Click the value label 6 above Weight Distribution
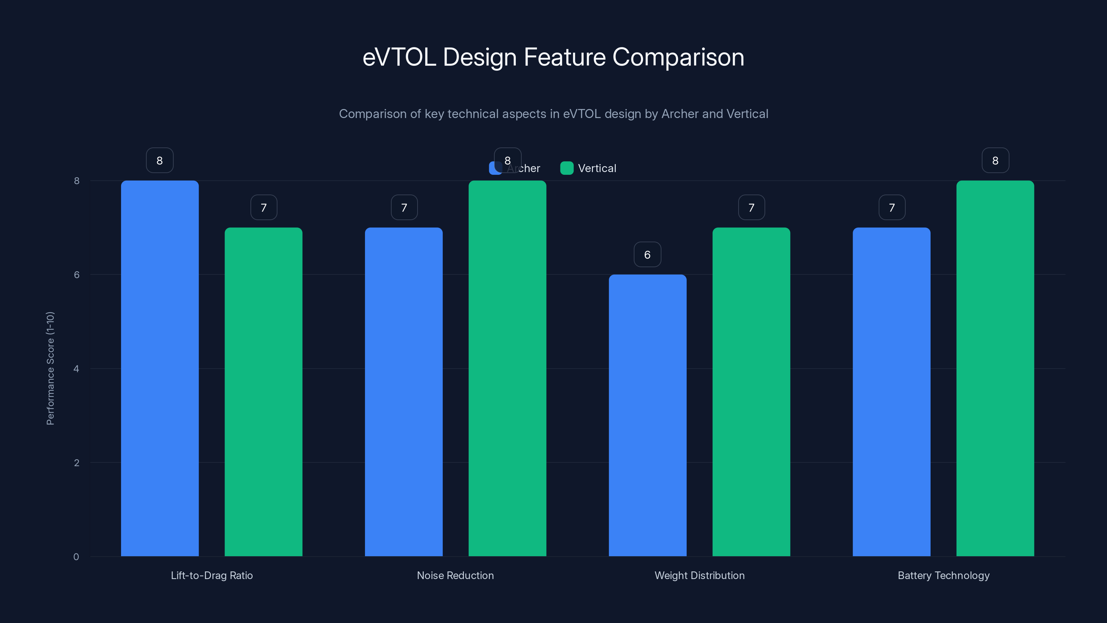[647, 254]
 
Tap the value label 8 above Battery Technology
[995, 160]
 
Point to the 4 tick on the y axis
[76, 369]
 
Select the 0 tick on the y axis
[76, 557]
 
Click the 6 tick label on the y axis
[76, 275]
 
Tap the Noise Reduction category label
[455, 575]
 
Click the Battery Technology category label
[943, 575]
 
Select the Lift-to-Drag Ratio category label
[211, 575]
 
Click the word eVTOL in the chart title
[399, 57]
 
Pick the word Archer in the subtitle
[680, 114]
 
